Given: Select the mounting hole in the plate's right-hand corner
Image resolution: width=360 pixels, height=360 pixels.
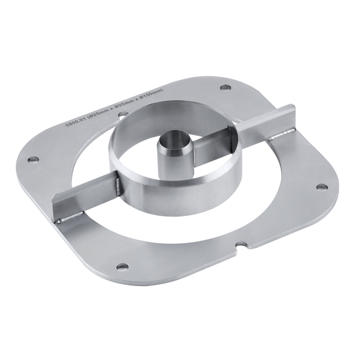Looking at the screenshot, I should pos(321,187).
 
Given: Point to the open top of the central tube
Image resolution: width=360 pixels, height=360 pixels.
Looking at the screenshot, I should pos(171,138).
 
